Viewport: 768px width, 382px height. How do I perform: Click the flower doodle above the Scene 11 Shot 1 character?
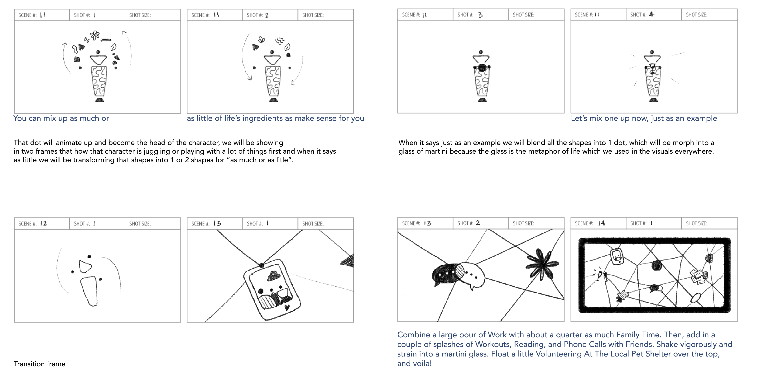tap(95, 35)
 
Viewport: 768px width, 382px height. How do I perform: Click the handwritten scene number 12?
tap(44, 223)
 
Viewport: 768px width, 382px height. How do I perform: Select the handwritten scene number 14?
tap(602, 223)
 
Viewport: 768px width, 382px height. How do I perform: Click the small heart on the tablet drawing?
tap(287, 307)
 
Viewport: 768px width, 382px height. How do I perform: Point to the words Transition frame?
tap(39, 364)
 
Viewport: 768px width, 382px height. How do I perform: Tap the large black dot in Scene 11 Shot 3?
tap(482, 68)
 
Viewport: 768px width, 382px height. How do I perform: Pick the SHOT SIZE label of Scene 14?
tap(696, 223)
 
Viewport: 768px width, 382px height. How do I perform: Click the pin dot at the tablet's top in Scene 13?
tap(262, 265)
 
